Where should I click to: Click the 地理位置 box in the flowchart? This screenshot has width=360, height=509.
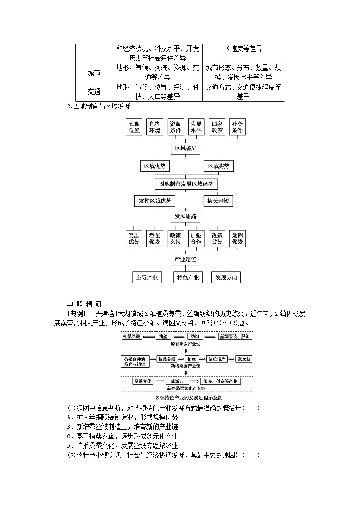click(134, 127)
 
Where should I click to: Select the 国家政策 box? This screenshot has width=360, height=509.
click(216, 127)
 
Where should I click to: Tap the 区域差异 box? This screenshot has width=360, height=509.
click(186, 149)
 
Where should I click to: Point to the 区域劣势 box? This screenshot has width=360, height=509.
click(219, 166)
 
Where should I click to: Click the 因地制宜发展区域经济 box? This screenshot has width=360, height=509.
click(186, 184)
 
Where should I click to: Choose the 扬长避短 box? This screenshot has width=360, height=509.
click(218, 201)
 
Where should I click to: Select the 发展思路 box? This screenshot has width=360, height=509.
click(186, 217)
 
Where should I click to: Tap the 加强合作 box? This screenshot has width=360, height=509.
click(196, 239)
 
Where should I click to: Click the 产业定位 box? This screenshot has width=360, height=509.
click(186, 259)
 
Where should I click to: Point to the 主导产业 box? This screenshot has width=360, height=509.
click(147, 277)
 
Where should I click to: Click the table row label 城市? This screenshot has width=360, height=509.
click(94, 73)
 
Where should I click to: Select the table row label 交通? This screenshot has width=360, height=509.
click(94, 92)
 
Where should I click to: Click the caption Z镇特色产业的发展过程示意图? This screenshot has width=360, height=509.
click(186, 397)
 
